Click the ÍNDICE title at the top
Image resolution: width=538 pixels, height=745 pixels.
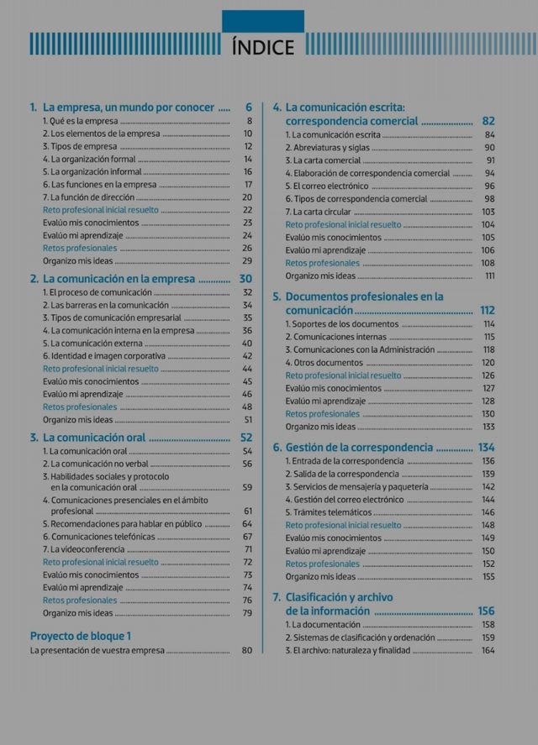pos(263,46)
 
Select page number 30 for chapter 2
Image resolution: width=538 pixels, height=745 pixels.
pos(245,279)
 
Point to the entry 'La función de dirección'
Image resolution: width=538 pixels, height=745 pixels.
pos(88,197)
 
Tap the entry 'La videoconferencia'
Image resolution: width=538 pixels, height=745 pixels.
pos(83,548)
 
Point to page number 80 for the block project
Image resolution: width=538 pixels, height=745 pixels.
pos(247,650)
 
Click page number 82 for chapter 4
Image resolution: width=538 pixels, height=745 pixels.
pos(489,121)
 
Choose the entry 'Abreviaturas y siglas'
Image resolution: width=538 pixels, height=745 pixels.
pos(327,148)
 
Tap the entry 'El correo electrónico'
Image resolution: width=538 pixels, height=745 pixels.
pos(327,186)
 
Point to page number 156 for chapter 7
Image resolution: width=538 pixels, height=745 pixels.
pos(486,611)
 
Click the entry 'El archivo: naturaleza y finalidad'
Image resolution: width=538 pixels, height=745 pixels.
pos(347,650)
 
